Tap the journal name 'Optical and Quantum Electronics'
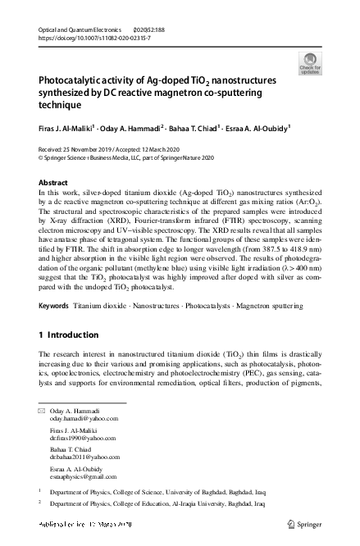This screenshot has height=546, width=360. (x=78, y=30)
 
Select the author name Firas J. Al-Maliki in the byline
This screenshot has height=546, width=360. (x=67, y=127)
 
